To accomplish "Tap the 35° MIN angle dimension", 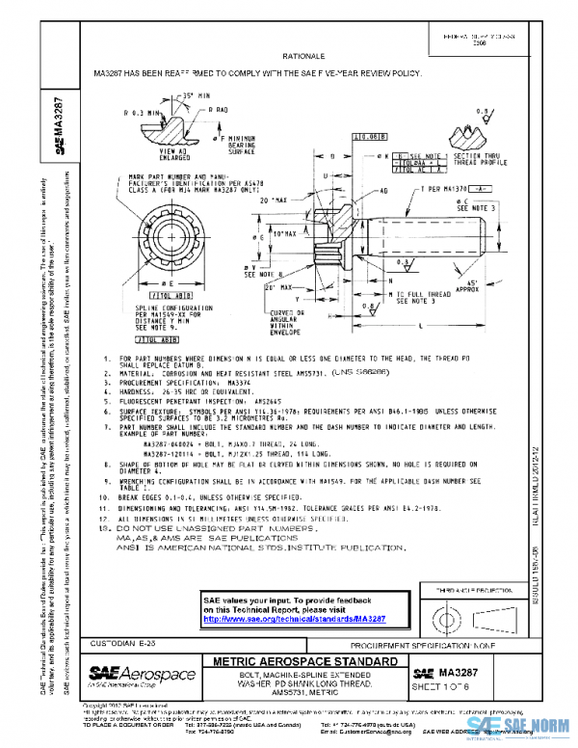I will (197, 95).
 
